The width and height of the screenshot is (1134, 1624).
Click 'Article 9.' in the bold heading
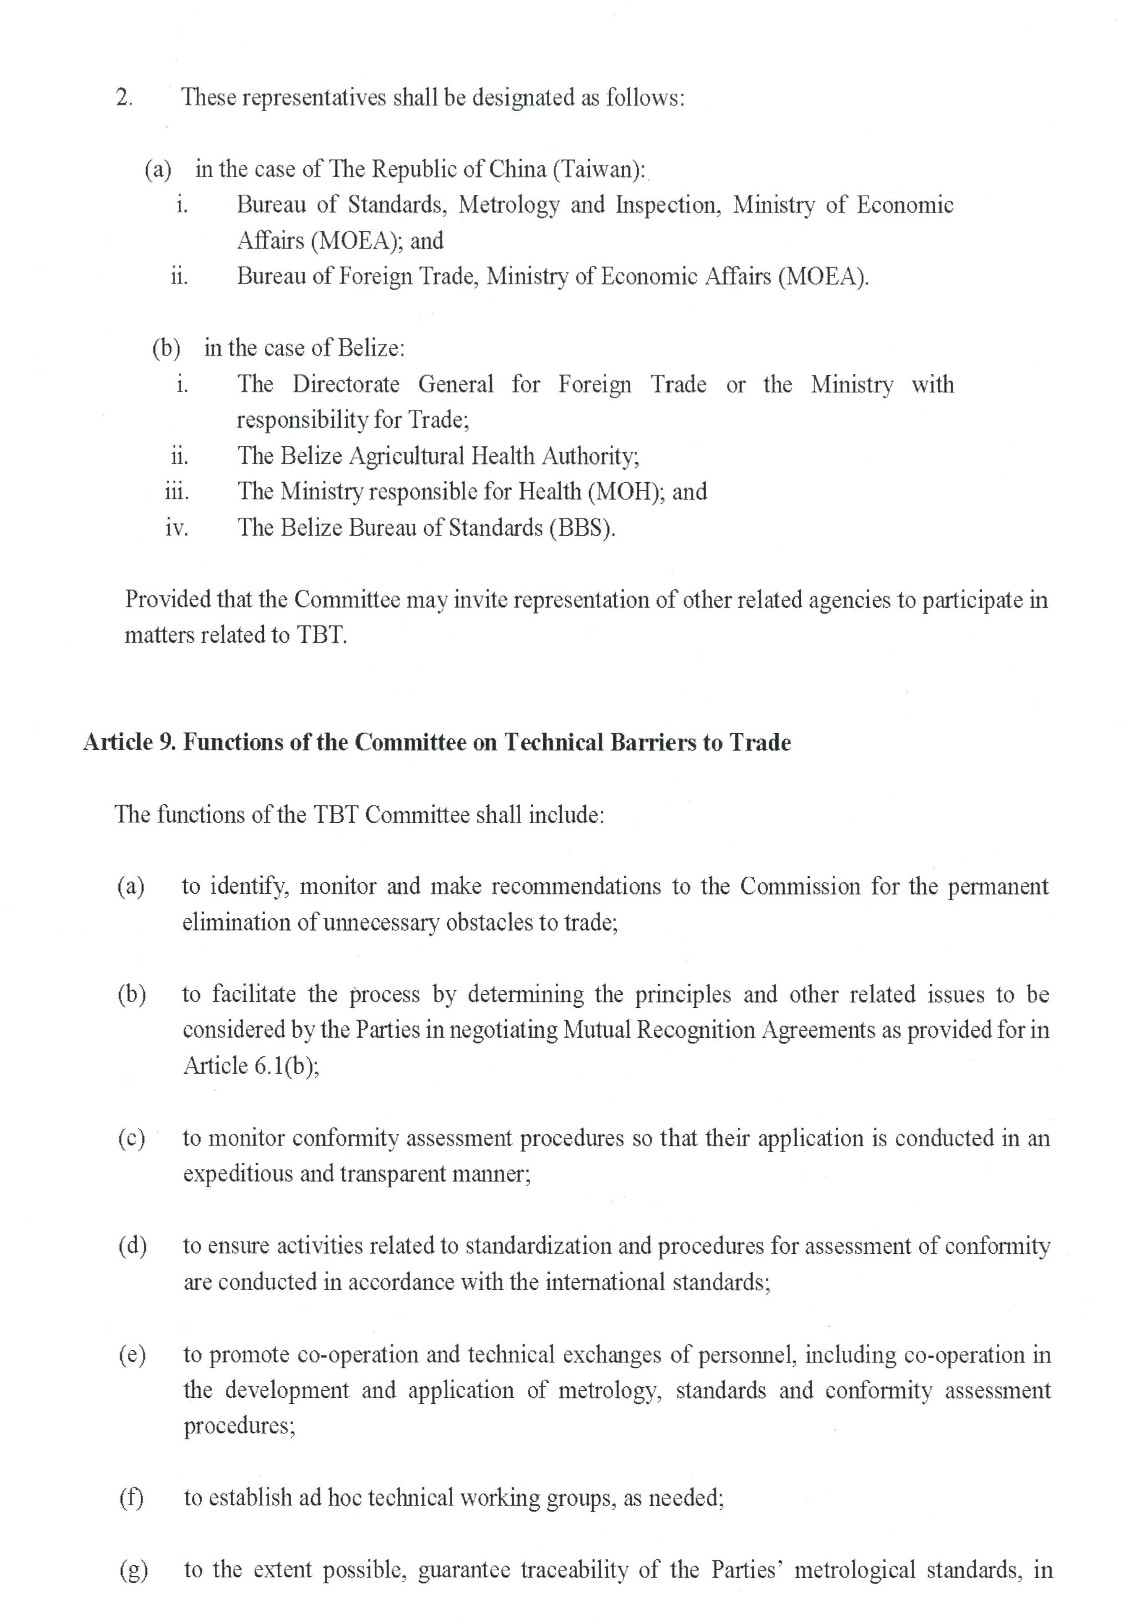[129, 743]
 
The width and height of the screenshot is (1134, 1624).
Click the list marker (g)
[133, 1569]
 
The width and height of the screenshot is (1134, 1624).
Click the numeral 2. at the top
[124, 98]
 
